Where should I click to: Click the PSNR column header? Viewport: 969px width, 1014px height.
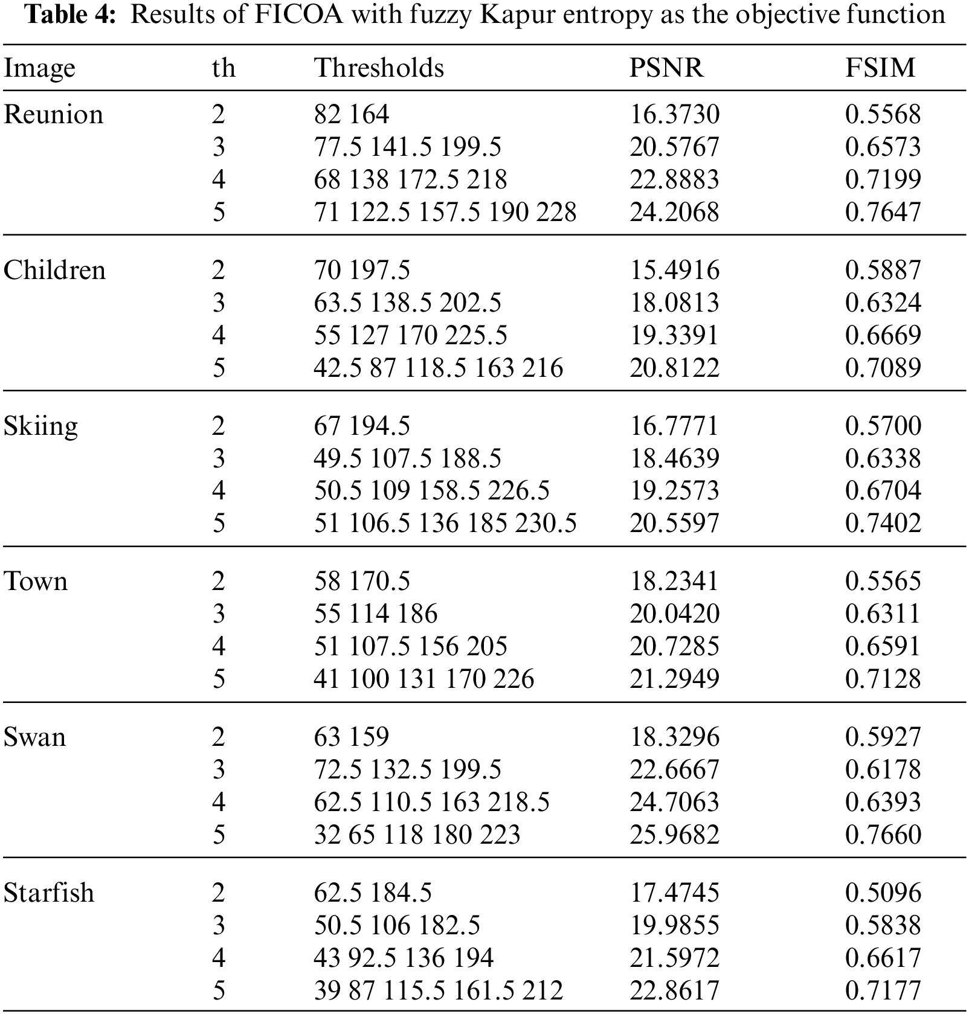pos(666,68)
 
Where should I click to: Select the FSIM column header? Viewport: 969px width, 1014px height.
pos(880,68)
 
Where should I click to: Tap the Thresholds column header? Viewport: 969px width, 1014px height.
pos(379,68)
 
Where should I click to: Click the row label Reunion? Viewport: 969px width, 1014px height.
pos(53,115)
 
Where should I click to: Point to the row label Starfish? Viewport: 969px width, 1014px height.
pos(49,893)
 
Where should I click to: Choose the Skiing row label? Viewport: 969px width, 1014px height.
pos(40,426)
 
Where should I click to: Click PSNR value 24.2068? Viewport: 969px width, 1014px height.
pos(674,213)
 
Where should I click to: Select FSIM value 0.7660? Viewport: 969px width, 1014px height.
pos(883,835)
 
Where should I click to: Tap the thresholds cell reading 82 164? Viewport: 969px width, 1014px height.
pos(352,115)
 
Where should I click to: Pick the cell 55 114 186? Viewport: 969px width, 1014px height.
pos(375,614)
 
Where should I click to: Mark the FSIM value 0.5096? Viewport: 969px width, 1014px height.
pos(883,893)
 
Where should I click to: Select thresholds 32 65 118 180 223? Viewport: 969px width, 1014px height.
pos(417,835)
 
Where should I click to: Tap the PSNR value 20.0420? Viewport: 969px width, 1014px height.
pos(674,614)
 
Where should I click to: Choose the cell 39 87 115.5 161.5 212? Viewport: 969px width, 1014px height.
pos(438,990)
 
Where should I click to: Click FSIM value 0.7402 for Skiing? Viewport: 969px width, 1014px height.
pos(883,523)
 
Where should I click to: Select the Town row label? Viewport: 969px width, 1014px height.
pos(36,582)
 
